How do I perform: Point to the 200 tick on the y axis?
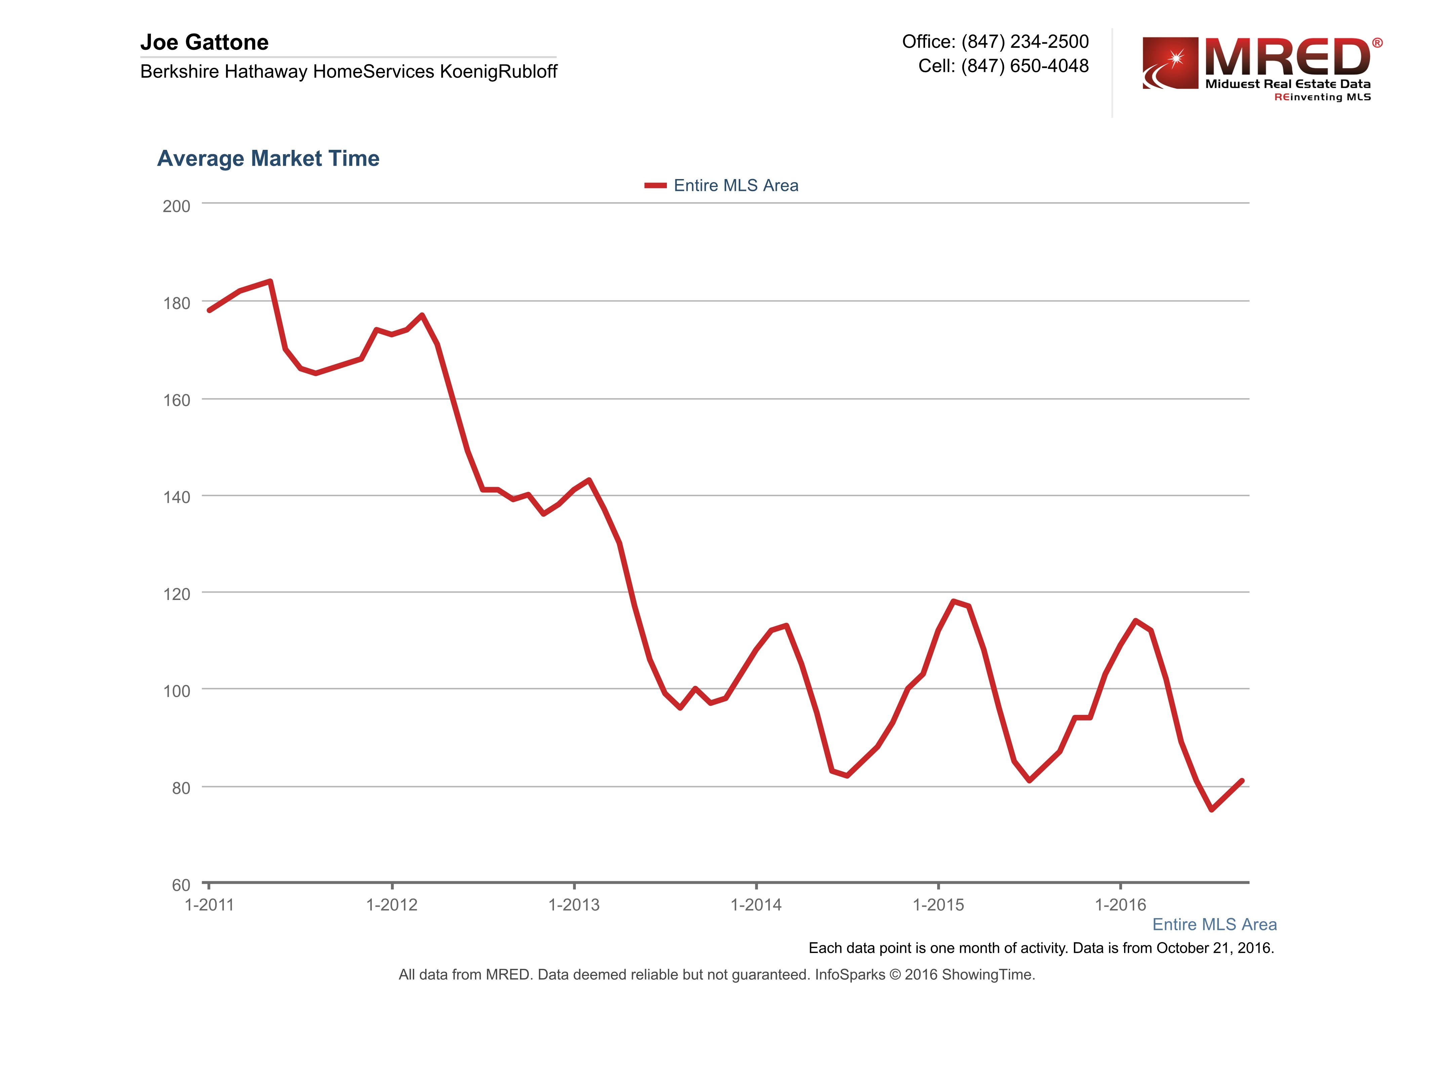click(176, 207)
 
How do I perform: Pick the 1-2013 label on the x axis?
click(574, 905)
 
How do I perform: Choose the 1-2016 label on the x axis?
click(1120, 905)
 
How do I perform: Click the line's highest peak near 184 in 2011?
click(270, 281)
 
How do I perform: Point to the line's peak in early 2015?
click(953, 601)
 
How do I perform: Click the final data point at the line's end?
click(1241, 781)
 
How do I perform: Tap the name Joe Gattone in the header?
click(204, 43)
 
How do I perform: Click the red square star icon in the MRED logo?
click(1170, 63)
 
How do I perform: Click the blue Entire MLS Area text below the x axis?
click(1214, 925)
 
